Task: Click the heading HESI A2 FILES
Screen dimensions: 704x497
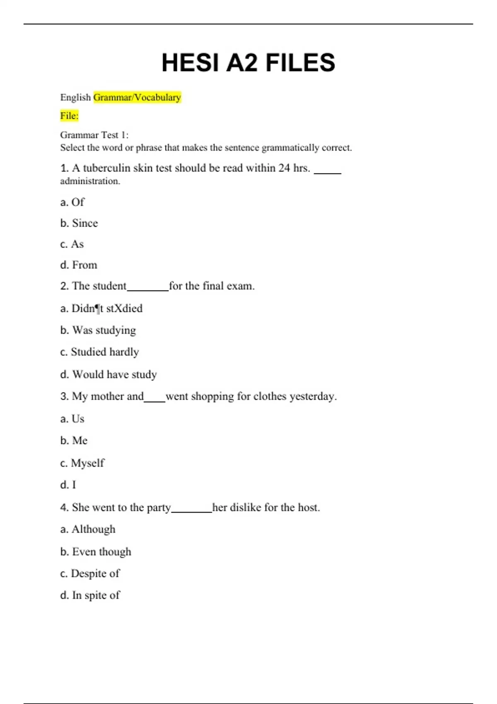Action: (248, 63)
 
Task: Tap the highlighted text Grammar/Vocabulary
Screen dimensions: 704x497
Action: (137, 97)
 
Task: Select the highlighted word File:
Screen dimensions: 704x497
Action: (69, 116)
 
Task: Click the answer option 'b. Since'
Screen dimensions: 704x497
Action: (79, 223)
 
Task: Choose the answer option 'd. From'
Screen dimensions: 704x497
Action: (79, 265)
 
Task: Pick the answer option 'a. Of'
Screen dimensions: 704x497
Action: (72, 202)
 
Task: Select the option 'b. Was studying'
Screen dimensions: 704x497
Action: (98, 330)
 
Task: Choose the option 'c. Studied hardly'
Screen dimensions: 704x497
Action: (99, 352)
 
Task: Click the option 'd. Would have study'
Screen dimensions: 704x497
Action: (109, 374)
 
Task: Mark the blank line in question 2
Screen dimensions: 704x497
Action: (148, 289)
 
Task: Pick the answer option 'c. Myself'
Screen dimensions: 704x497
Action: (82, 463)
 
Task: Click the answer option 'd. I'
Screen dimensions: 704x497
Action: (68, 485)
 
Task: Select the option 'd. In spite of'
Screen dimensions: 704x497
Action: (90, 596)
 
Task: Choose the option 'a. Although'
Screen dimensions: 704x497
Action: (88, 529)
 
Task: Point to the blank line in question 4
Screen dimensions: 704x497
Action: (191, 511)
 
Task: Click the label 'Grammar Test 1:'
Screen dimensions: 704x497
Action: (94, 135)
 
